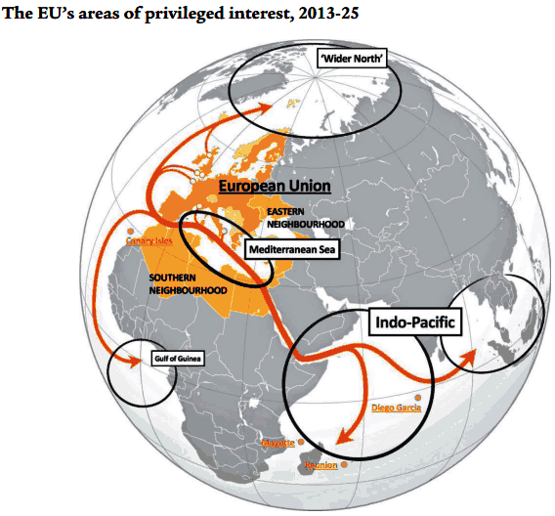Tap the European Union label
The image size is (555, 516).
click(274, 186)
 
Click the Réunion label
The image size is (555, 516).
click(320, 465)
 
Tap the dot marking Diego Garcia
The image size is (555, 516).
click(418, 397)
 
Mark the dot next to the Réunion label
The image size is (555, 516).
click(344, 465)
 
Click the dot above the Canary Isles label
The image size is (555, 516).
click(131, 231)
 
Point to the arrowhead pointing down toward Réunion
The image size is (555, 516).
click(337, 442)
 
